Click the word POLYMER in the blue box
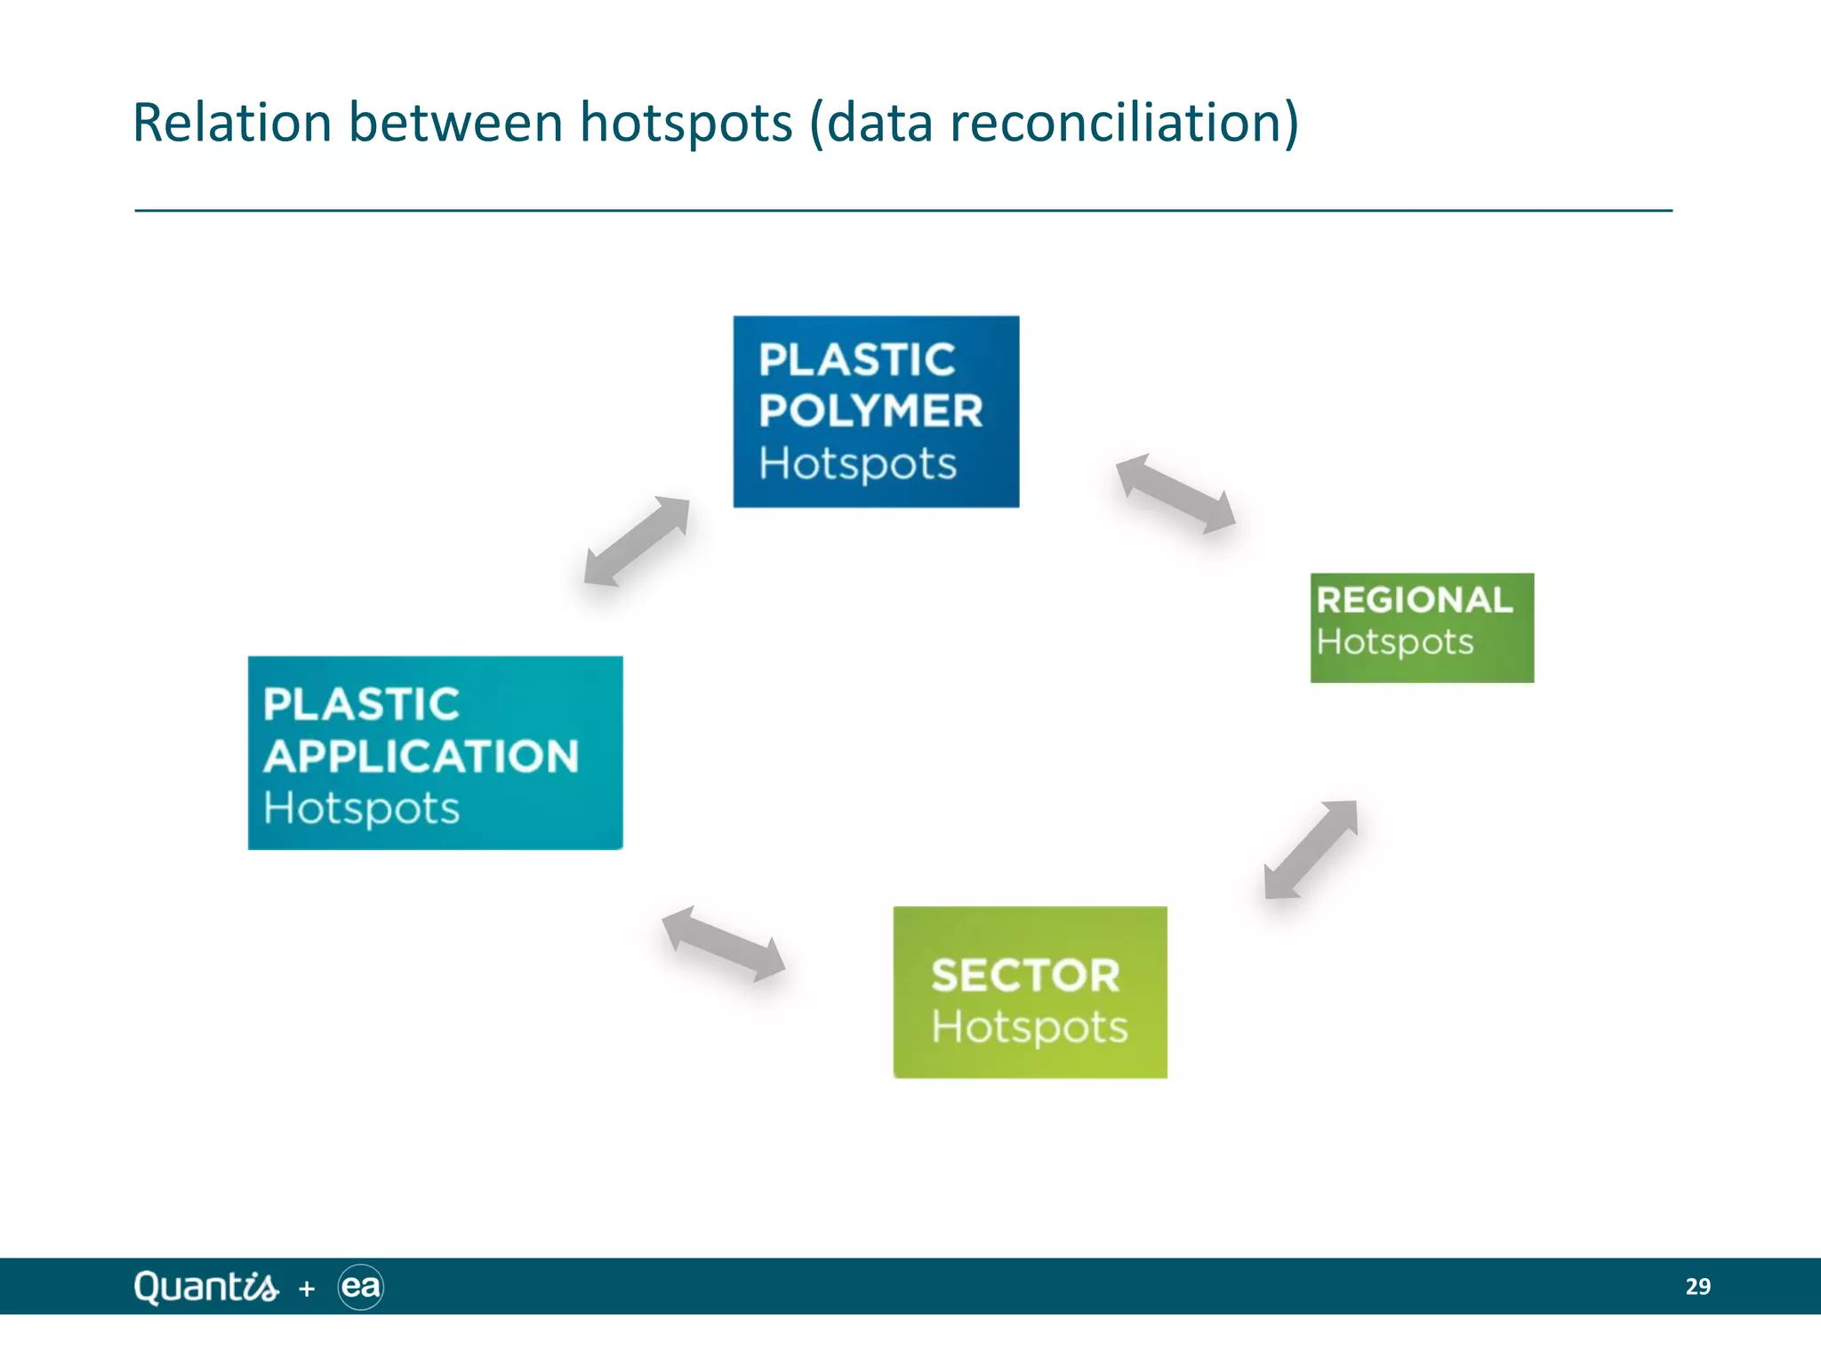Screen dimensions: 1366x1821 pos(870,411)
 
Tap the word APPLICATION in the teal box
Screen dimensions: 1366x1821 pos(421,757)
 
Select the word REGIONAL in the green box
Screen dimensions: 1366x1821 pos(1414,600)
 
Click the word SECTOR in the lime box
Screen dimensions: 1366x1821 pos(1025,976)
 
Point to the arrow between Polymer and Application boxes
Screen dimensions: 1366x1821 pos(637,542)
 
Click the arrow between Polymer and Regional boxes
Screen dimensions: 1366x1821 pos(1175,494)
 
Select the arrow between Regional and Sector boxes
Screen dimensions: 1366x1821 pos(1311,849)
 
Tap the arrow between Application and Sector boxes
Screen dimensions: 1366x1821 pos(723,944)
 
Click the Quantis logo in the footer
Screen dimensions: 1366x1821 pos(205,1287)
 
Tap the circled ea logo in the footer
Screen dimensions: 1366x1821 pos(361,1287)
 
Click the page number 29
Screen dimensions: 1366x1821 pos(1697,1287)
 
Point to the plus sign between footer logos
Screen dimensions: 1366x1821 pos(307,1289)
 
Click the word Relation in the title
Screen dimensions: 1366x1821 pos(232,123)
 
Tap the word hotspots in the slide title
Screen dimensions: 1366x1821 pos(686,123)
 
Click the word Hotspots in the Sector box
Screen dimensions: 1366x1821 pos(1029,1027)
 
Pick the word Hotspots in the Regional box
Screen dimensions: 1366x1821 pos(1394,642)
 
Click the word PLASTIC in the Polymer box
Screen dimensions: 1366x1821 pos(856,360)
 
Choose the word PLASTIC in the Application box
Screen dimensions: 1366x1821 pos(361,704)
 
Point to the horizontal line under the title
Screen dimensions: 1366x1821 pos(903,211)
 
